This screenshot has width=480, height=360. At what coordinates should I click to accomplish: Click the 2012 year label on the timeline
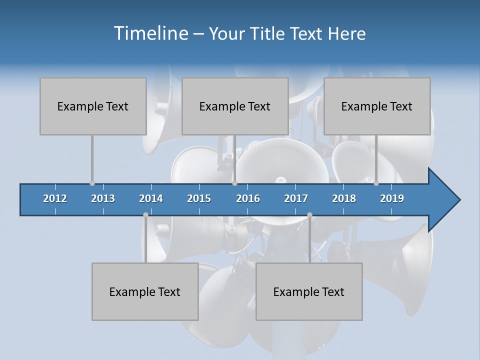[x=55, y=198]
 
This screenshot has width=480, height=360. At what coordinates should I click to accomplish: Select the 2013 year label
[x=103, y=198]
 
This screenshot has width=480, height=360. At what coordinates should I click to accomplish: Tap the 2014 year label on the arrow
[x=151, y=198]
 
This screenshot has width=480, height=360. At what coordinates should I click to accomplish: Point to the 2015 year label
[x=199, y=198]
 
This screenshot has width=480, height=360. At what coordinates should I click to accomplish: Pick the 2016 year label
[x=248, y=198]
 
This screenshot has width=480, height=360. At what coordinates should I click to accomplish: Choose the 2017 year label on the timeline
[x=296, y=198]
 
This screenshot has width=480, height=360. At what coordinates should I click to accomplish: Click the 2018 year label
[x=344, y=198]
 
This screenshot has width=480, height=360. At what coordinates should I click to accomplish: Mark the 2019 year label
[x=392, y=198]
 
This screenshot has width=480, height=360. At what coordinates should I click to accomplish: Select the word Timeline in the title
[x=150, y=33]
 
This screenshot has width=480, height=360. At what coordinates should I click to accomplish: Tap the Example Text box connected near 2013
[x=93, y=106]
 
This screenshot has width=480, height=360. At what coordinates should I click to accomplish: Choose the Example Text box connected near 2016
[x=235, y=106]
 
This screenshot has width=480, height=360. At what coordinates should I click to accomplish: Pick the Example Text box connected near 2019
[x=377, y=106]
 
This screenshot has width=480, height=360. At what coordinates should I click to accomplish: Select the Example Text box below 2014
[x=145, y=291]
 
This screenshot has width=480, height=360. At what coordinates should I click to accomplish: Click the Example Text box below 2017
[x=309, y=291]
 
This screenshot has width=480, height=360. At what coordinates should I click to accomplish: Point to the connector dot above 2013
[x=92, y=183]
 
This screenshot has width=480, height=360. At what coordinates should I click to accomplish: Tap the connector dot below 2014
[x=145, y=215]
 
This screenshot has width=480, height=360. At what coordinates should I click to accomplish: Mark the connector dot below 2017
[x=309, y=215]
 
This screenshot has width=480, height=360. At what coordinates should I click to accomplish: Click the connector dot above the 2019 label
[x=376, y=183]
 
